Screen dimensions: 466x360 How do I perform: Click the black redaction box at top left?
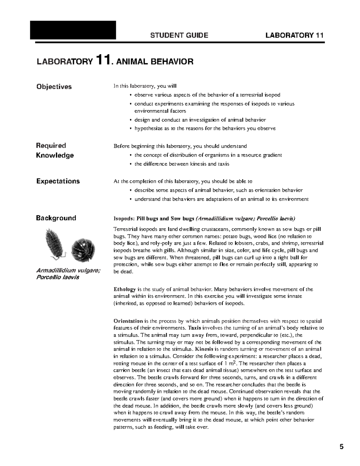[x=73, y=30]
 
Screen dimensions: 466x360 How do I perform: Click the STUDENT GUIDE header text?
[x=179, y=35]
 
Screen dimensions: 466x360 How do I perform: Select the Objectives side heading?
[x=54, y=87]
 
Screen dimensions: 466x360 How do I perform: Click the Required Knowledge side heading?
[x=55, y=150]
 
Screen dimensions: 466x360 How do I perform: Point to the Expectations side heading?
[x=58, y=181]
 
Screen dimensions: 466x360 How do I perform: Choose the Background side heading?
[x=56, y=218]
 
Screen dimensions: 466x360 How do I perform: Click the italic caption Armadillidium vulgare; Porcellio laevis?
[x=68, y=274]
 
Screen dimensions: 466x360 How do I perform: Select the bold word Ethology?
[x=124, y=289]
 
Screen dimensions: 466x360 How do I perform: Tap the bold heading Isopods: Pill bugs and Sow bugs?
[x=154, y=218]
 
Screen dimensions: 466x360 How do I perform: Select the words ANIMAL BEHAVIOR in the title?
[x=154, y=62]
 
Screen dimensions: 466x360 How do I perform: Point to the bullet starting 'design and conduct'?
[x=200, y=120]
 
